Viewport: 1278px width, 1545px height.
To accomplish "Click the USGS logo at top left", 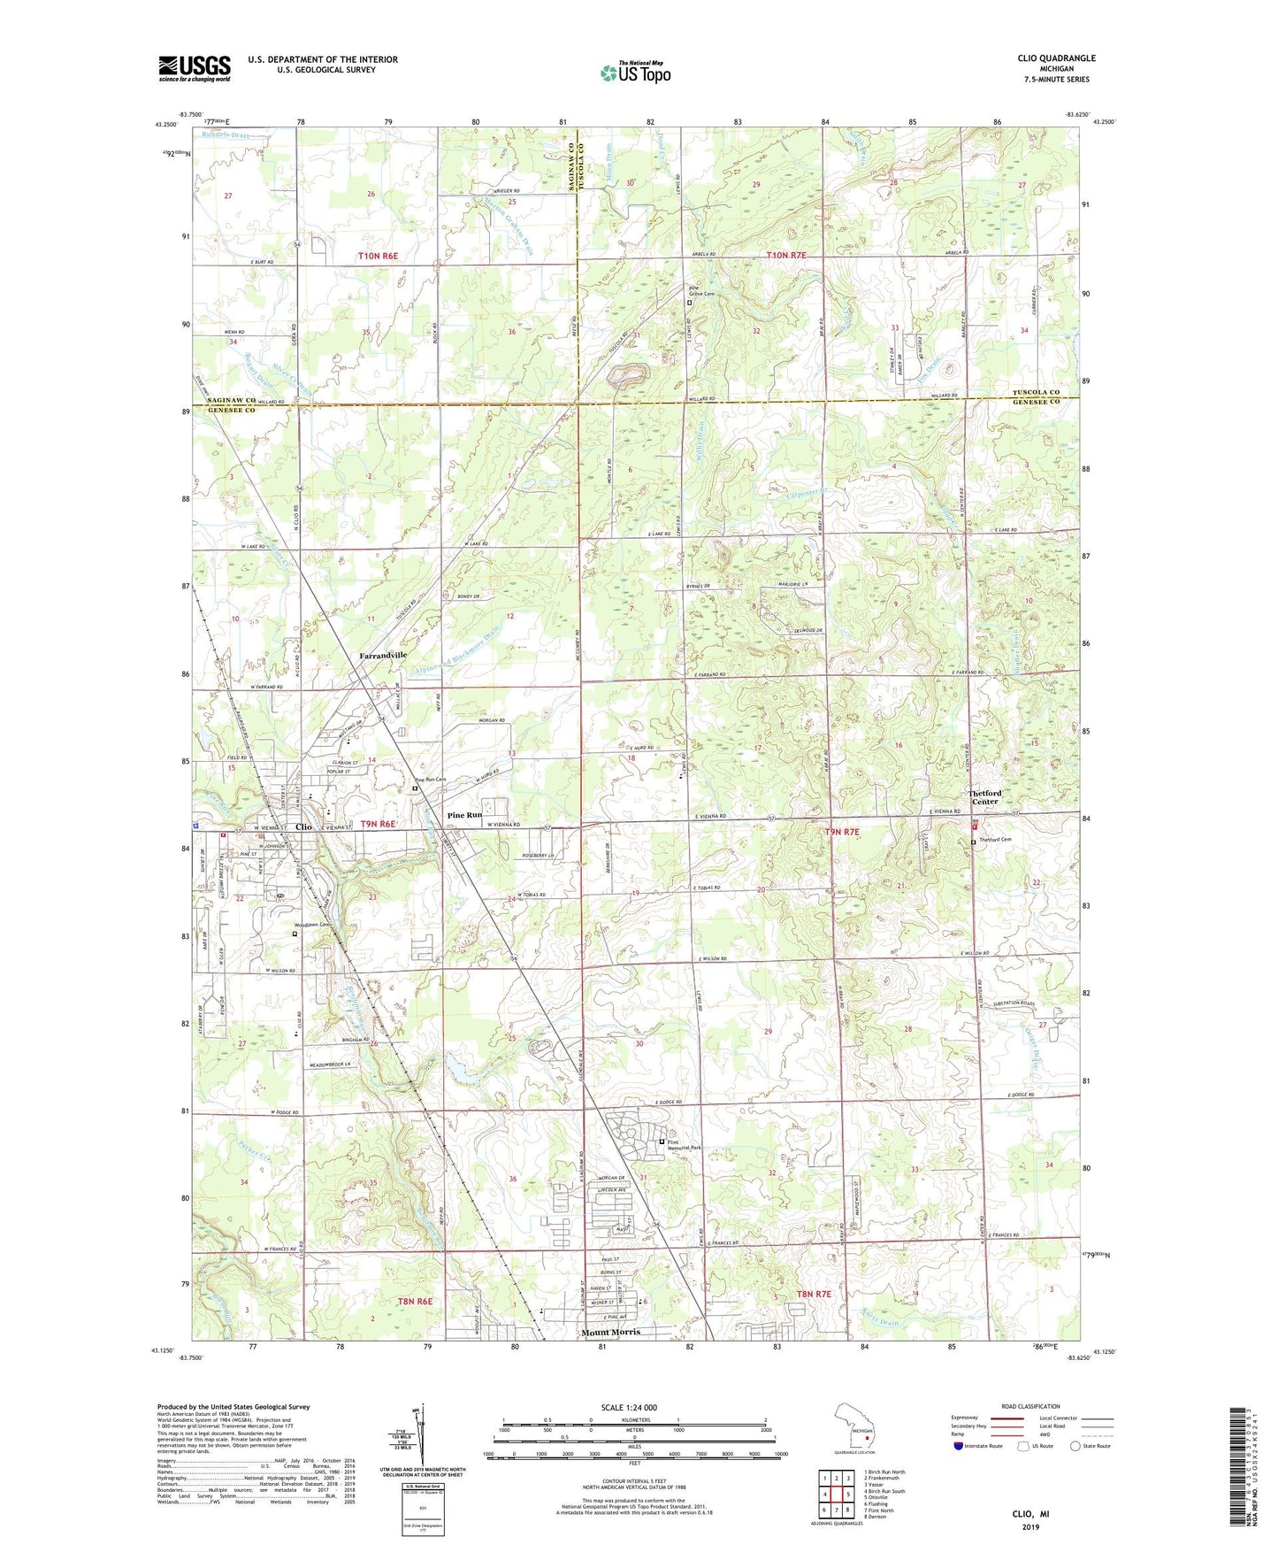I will [x=194, y=68].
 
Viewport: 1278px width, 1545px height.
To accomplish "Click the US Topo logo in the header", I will [x=634, y=73].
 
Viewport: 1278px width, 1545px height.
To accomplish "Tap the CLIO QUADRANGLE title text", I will [x=1056, y=58].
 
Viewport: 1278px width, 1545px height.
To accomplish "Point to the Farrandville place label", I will [x=383, y=655].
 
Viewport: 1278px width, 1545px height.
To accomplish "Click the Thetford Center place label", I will [x=985, y=797].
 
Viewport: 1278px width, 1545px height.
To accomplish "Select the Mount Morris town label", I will [x=610, y=1332].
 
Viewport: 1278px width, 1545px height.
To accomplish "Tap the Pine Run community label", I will [x=464, y=815].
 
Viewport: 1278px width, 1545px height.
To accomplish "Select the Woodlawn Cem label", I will [x=312, y=925].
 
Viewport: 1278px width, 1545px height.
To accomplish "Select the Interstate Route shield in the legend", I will [x=960, y=1446].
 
